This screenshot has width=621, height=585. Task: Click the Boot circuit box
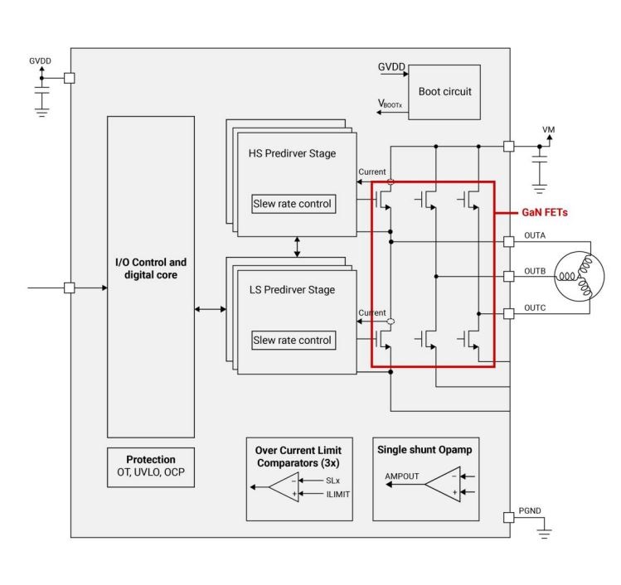pos(444,92)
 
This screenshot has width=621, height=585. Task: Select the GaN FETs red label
pos(544,213)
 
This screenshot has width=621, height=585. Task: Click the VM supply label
pos(547,130)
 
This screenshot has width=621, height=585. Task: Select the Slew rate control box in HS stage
pos(292,204)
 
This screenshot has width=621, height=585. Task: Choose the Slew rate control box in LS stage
pos(292,340)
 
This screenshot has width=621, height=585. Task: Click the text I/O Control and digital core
pos(150,268)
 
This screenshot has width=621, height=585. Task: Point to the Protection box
pos(150,467)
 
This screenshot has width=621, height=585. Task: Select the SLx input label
pos(322,480)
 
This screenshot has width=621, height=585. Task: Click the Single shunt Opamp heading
pos(425,449)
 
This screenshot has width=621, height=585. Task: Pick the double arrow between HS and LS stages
pos(296,245)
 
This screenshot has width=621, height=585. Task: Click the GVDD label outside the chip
pos(41,60)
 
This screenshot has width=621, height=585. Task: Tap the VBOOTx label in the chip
pos(392,104)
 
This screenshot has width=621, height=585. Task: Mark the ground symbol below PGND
pos(544,534)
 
